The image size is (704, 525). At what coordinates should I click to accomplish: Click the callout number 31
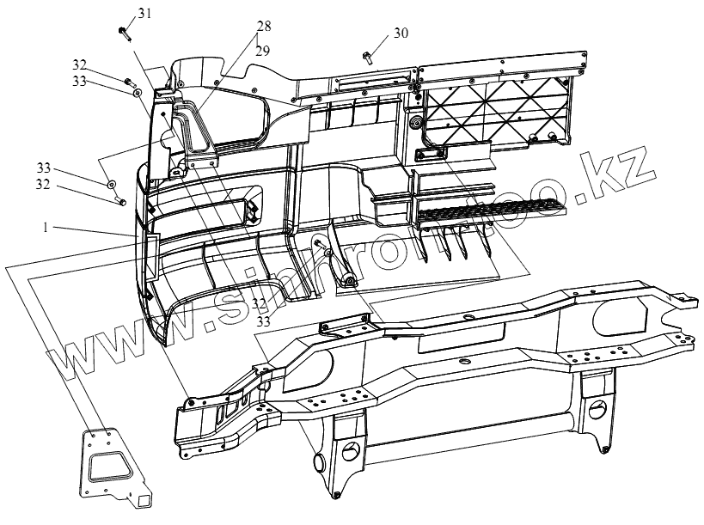click(144, 13)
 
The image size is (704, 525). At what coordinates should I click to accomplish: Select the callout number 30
click(401, 34)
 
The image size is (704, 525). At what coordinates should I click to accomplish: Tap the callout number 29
click(262, 52)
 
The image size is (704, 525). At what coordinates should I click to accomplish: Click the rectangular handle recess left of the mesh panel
click(430, 154)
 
